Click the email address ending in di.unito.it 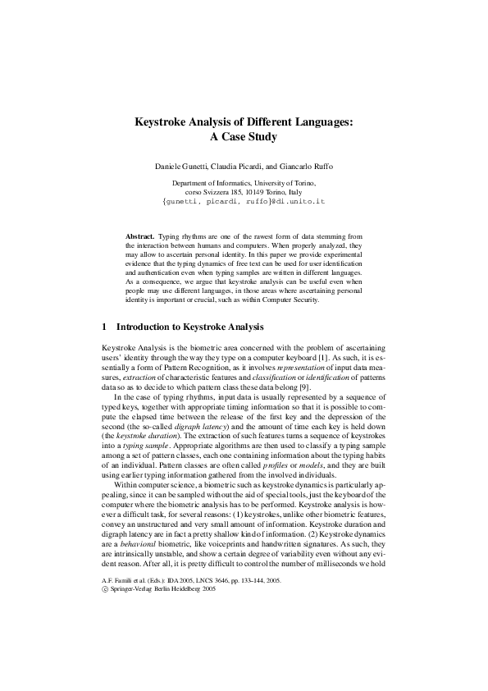click(244, 200)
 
